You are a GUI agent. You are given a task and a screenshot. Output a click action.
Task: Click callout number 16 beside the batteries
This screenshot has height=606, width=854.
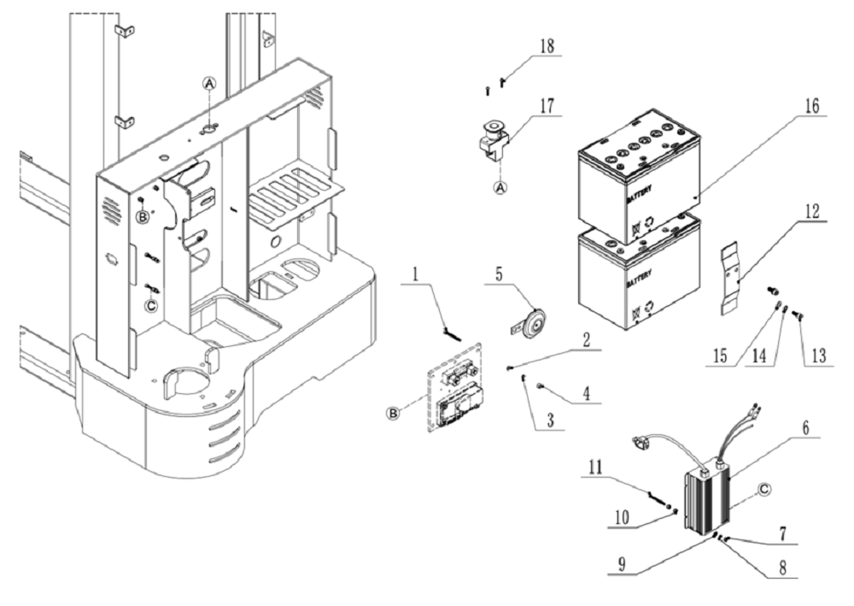click(x=810, y=107)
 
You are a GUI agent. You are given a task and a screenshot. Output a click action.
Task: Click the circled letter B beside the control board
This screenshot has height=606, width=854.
click(x=393, y=413)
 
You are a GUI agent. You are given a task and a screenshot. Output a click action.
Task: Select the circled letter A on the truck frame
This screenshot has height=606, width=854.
click(x=208, y=83)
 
